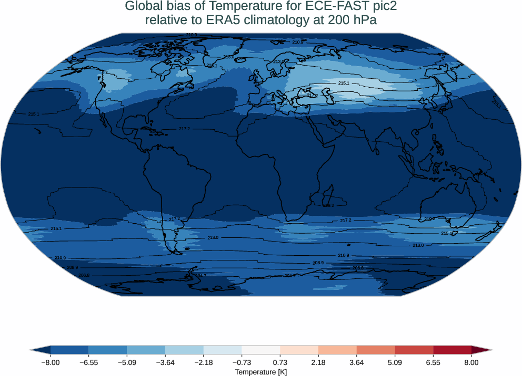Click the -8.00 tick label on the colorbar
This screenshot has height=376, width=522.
tap(50, 362)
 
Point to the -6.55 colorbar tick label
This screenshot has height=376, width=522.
tap(88, 362)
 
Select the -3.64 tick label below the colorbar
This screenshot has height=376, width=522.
tap(165, 362)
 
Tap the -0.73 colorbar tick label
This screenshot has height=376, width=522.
tap(242, 362)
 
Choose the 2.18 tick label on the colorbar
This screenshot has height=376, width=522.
tap(318, 362)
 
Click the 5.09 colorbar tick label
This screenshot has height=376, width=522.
tap(395, 362)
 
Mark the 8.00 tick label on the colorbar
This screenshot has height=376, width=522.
tap(471, 362)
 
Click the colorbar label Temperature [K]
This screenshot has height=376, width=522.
tap(260, 372)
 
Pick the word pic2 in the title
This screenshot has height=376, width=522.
tap(385, 6)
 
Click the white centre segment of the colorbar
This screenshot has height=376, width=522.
tap(260, 350)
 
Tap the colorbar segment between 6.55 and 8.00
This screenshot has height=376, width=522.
tap(452, 350)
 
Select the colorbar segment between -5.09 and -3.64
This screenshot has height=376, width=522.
tap(146, 350)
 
